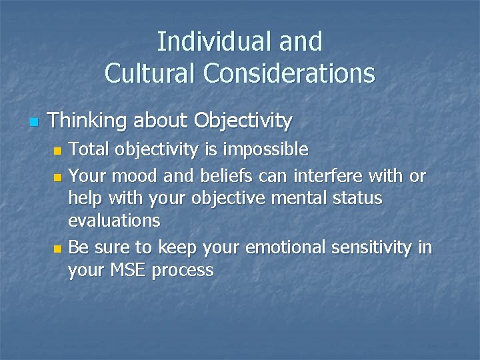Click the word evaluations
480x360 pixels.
114,220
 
